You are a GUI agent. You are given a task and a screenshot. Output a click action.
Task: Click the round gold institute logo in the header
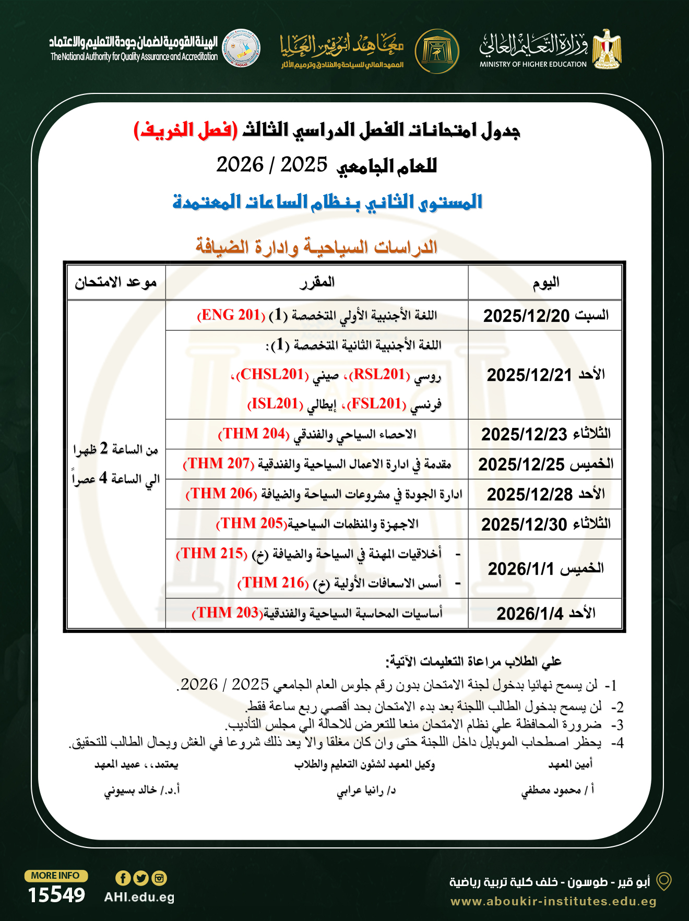coord(437,51)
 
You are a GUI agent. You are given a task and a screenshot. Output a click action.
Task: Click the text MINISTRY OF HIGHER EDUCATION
coord(533,64)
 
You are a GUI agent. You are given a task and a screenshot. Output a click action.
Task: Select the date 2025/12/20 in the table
coord(526,316)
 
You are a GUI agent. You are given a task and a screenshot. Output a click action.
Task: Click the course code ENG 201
coord(231,315)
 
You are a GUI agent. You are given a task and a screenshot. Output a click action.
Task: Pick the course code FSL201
coord(376,404)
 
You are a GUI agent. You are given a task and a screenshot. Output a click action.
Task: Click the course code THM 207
coord(219,464)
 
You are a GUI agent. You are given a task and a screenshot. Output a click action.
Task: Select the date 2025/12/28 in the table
coord(529,494)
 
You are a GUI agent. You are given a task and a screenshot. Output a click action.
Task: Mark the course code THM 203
coord(227,613)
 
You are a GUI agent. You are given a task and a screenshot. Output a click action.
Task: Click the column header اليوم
coord(545,283)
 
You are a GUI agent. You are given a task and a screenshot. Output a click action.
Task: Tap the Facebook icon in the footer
coord(123,878)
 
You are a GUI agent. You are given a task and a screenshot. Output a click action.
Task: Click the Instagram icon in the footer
coord(159,878)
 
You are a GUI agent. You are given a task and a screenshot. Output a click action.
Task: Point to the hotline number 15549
coord(56,895)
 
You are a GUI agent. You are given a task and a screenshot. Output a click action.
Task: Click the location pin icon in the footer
coord(663,881)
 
